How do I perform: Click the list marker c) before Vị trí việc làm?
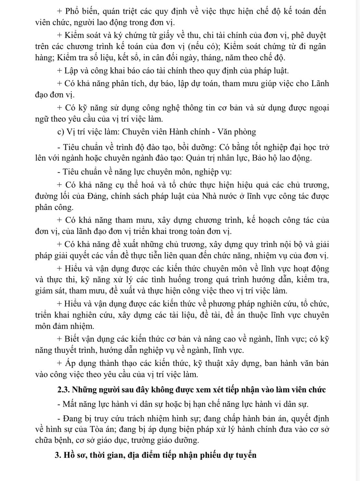pyautogui.click(x=60, y=132)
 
